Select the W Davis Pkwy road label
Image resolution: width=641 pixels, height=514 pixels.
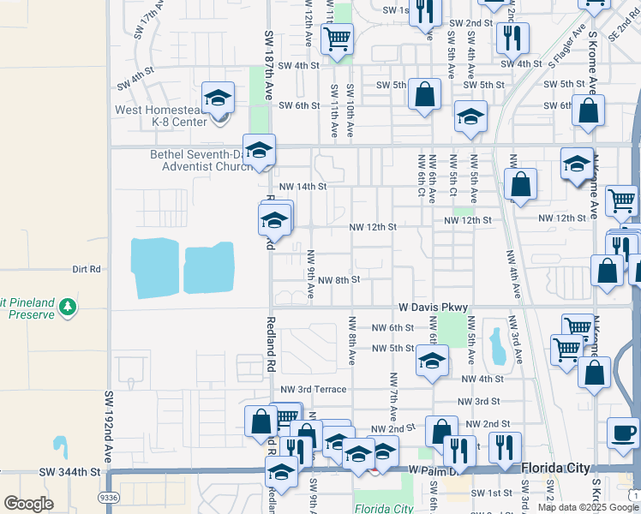pyautogui.click(x=434, y=308)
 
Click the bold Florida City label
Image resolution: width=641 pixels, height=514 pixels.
pyautogui.click(x=556, y=468)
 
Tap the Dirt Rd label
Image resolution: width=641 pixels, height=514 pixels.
pyautogui.click(x=87, y=269)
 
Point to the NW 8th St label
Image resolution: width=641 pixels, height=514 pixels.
pyautogui.click(x=338, y=279)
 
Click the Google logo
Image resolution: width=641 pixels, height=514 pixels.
pyautogui.click(x=28, y=504)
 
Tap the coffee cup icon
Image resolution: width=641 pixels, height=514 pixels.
pyautogui.click(x=623, y=431)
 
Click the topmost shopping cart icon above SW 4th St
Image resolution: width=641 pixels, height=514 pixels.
pyautogui.click(x=337, y=38)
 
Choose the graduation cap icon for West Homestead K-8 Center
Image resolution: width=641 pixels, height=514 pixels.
pyautogui.click(x=218, y=99)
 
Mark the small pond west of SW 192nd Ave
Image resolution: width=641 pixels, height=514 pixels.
pyautogui.click(x=60, y=445)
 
